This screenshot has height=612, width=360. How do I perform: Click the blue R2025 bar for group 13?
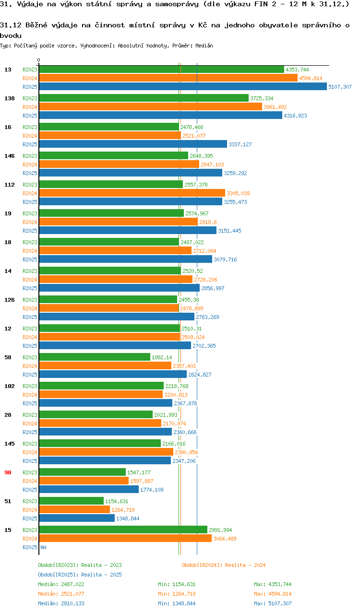[182, 87]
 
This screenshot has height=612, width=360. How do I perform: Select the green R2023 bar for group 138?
[144, 98]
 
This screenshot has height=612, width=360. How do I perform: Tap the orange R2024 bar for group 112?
[132, 193]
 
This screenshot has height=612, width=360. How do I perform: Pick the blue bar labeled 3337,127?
[133, 144]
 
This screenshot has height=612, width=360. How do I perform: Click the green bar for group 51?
[71, 501]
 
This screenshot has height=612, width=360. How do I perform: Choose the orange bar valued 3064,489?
[125, 539]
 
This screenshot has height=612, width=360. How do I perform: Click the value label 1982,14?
[162, 357]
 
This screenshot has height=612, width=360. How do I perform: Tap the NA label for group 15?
[43, 547]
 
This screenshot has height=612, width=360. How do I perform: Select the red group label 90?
[8, 472]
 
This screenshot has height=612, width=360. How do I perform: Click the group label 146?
[10, 156]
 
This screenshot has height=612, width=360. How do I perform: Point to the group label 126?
[10, 300]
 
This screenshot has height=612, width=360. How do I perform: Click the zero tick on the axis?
[39, 60]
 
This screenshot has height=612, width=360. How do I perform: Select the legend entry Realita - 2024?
[224, 565]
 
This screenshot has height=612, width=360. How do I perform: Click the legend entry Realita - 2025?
[80, 575]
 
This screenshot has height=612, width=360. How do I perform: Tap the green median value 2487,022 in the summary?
[71, 584]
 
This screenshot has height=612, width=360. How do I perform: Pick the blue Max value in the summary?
[273, 603]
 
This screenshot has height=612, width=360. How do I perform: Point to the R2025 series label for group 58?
[30, 375]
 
